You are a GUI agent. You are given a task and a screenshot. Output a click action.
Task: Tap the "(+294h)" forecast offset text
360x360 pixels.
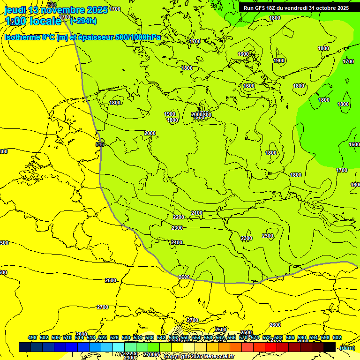click(83, 21)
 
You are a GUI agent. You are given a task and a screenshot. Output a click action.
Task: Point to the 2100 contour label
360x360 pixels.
click(197, 213)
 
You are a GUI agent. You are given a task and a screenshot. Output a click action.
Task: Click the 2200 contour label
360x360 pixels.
click(179, 217)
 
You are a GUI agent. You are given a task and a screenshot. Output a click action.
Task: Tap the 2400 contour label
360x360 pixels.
click(177, 242)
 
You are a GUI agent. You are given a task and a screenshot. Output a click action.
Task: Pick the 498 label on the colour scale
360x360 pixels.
click(32, 337)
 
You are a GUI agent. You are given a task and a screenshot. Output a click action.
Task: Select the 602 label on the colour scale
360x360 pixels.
click(337, 337)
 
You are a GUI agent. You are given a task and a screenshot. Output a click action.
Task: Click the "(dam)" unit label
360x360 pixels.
click(347, 348)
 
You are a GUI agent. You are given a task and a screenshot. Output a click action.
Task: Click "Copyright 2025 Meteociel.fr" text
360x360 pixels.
click(199, 357)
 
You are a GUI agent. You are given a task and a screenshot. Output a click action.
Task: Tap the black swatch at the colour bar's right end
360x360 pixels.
click(330, 347)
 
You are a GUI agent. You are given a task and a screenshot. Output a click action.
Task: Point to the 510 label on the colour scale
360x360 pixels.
click(67, 337)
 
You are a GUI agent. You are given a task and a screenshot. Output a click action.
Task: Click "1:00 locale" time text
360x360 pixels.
click(33, 21)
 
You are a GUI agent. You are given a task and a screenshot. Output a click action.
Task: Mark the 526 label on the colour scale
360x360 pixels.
click(114, 337)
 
